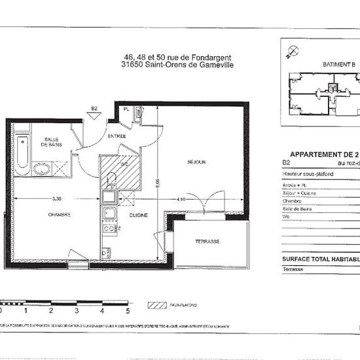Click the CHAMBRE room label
pyautogui.click(x=58, y=215)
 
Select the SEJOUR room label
pyautogui.click(x=196, y=162)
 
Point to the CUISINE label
pyautogui.click(x=138, y=215)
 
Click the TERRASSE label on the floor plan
pyautogui.click(x=207, y=242)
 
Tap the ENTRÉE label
pyautogui.click(x=117, y=135)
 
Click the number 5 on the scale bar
pyautogui.click(x=128, y=312)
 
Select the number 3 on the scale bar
pyautogui.click(x=77, y=312)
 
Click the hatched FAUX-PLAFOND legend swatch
pyautogui.click(x=158, y=305)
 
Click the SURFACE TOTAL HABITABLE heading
pyautogui.click(x=321, y=259)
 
